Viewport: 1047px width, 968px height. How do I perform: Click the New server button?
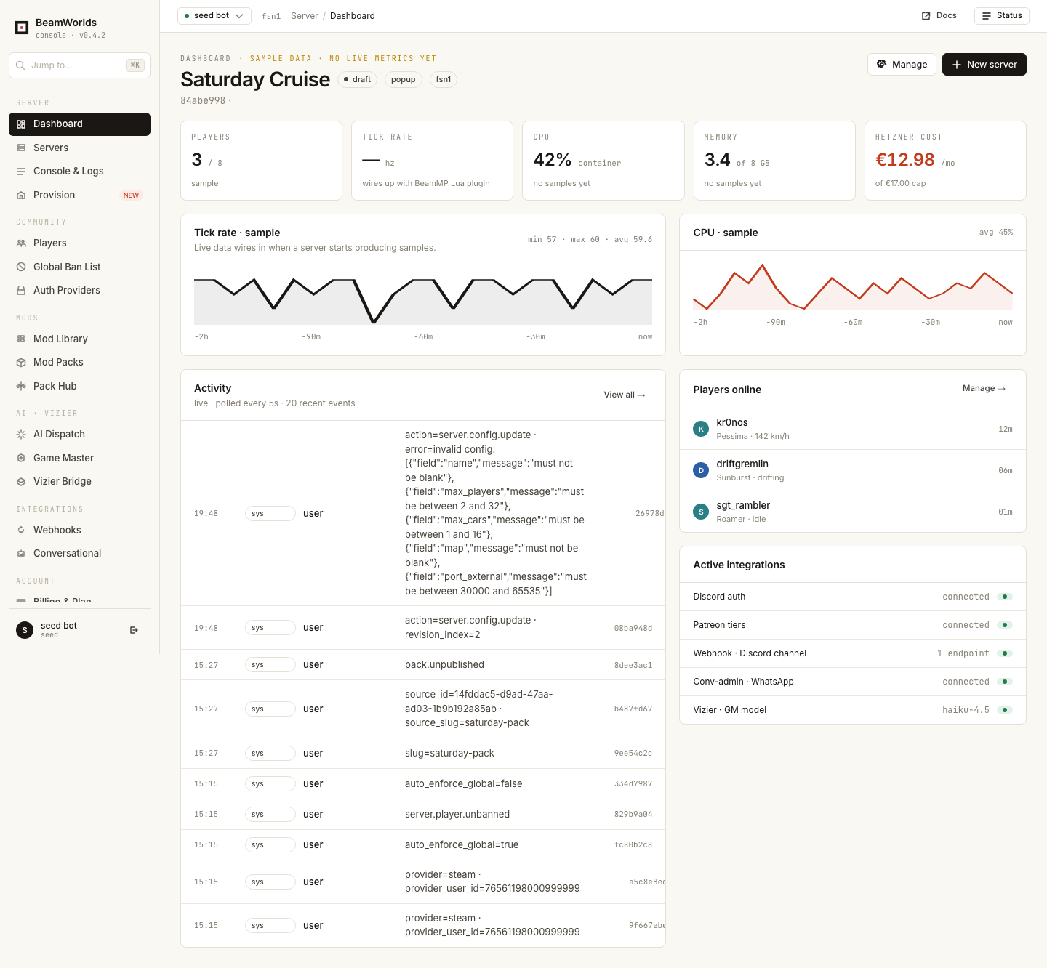click(984, 64)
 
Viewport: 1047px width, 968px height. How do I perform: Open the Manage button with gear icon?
click(902, 64)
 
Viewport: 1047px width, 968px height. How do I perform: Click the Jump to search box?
click(79, 65)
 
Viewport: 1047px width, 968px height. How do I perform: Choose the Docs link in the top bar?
click(939, 16)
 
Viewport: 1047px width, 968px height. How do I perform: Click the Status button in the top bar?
click(1002, 16)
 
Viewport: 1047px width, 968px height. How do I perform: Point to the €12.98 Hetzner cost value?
click(904, 160)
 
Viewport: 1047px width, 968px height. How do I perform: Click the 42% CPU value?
click(552, 160)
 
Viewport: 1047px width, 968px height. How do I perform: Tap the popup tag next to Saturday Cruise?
click(404, 79)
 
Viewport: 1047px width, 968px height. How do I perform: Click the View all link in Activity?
click(624, 395)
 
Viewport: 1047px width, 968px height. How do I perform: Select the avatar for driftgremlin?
click(701, 470)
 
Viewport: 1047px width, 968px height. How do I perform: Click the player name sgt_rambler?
click(743, 505)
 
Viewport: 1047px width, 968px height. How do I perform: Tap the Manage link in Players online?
click(984, 388)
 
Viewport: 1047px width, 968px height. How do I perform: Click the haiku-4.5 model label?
click(966, 710)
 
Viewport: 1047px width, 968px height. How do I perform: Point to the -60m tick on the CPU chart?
click(853, 323)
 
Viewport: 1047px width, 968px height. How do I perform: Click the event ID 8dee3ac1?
click(633, 665)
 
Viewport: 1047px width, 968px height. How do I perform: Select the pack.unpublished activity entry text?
click(444, 664)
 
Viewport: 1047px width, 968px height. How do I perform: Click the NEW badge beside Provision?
click(131, 195)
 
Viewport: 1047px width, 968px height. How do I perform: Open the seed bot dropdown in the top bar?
click(214, 16)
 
